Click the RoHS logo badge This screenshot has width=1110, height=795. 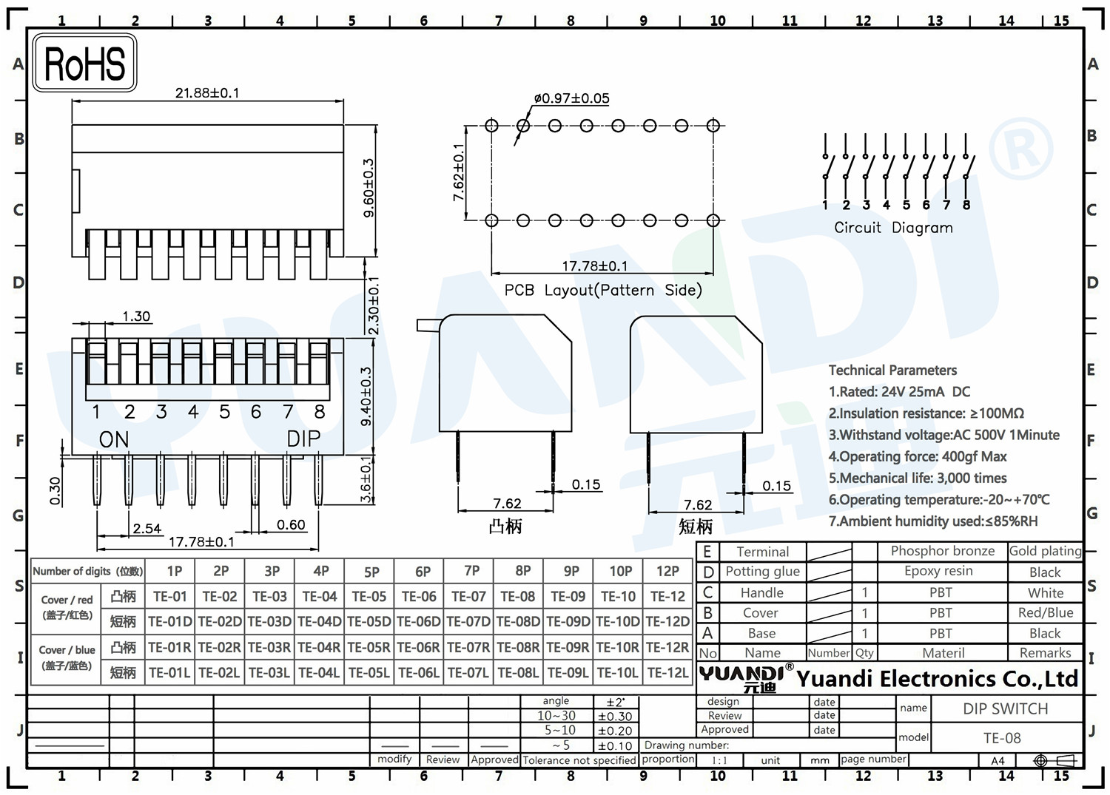pos(85,63)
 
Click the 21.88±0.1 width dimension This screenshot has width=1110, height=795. pos(207,92)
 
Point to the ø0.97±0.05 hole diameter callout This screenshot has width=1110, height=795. pos(571,98)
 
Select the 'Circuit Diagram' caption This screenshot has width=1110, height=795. pos(893,227)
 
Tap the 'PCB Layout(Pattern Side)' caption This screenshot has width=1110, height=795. pos(603,290)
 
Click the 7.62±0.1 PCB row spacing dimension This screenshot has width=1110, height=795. pos(458,172)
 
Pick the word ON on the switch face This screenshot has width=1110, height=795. pos(114,439)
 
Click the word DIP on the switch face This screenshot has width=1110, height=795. pos(303,439)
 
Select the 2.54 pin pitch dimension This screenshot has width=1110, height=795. pos(147,529)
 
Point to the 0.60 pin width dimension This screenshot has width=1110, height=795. pos(291,524)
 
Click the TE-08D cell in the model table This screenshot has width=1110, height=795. pos(518,621)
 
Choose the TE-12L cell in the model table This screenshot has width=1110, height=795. pos(667,672)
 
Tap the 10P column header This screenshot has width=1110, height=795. pos(620,571)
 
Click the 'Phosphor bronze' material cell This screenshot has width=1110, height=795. pos(943,551)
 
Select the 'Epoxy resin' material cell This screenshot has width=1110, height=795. pos(938,571)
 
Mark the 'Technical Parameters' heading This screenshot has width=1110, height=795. pos(893,370)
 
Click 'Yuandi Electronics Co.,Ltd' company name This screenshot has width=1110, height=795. pos(937,679)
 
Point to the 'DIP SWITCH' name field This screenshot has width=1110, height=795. pos(1006,708)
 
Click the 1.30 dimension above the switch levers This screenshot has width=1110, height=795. pos(136,316)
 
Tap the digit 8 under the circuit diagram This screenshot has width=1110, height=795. pos(966,205)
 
